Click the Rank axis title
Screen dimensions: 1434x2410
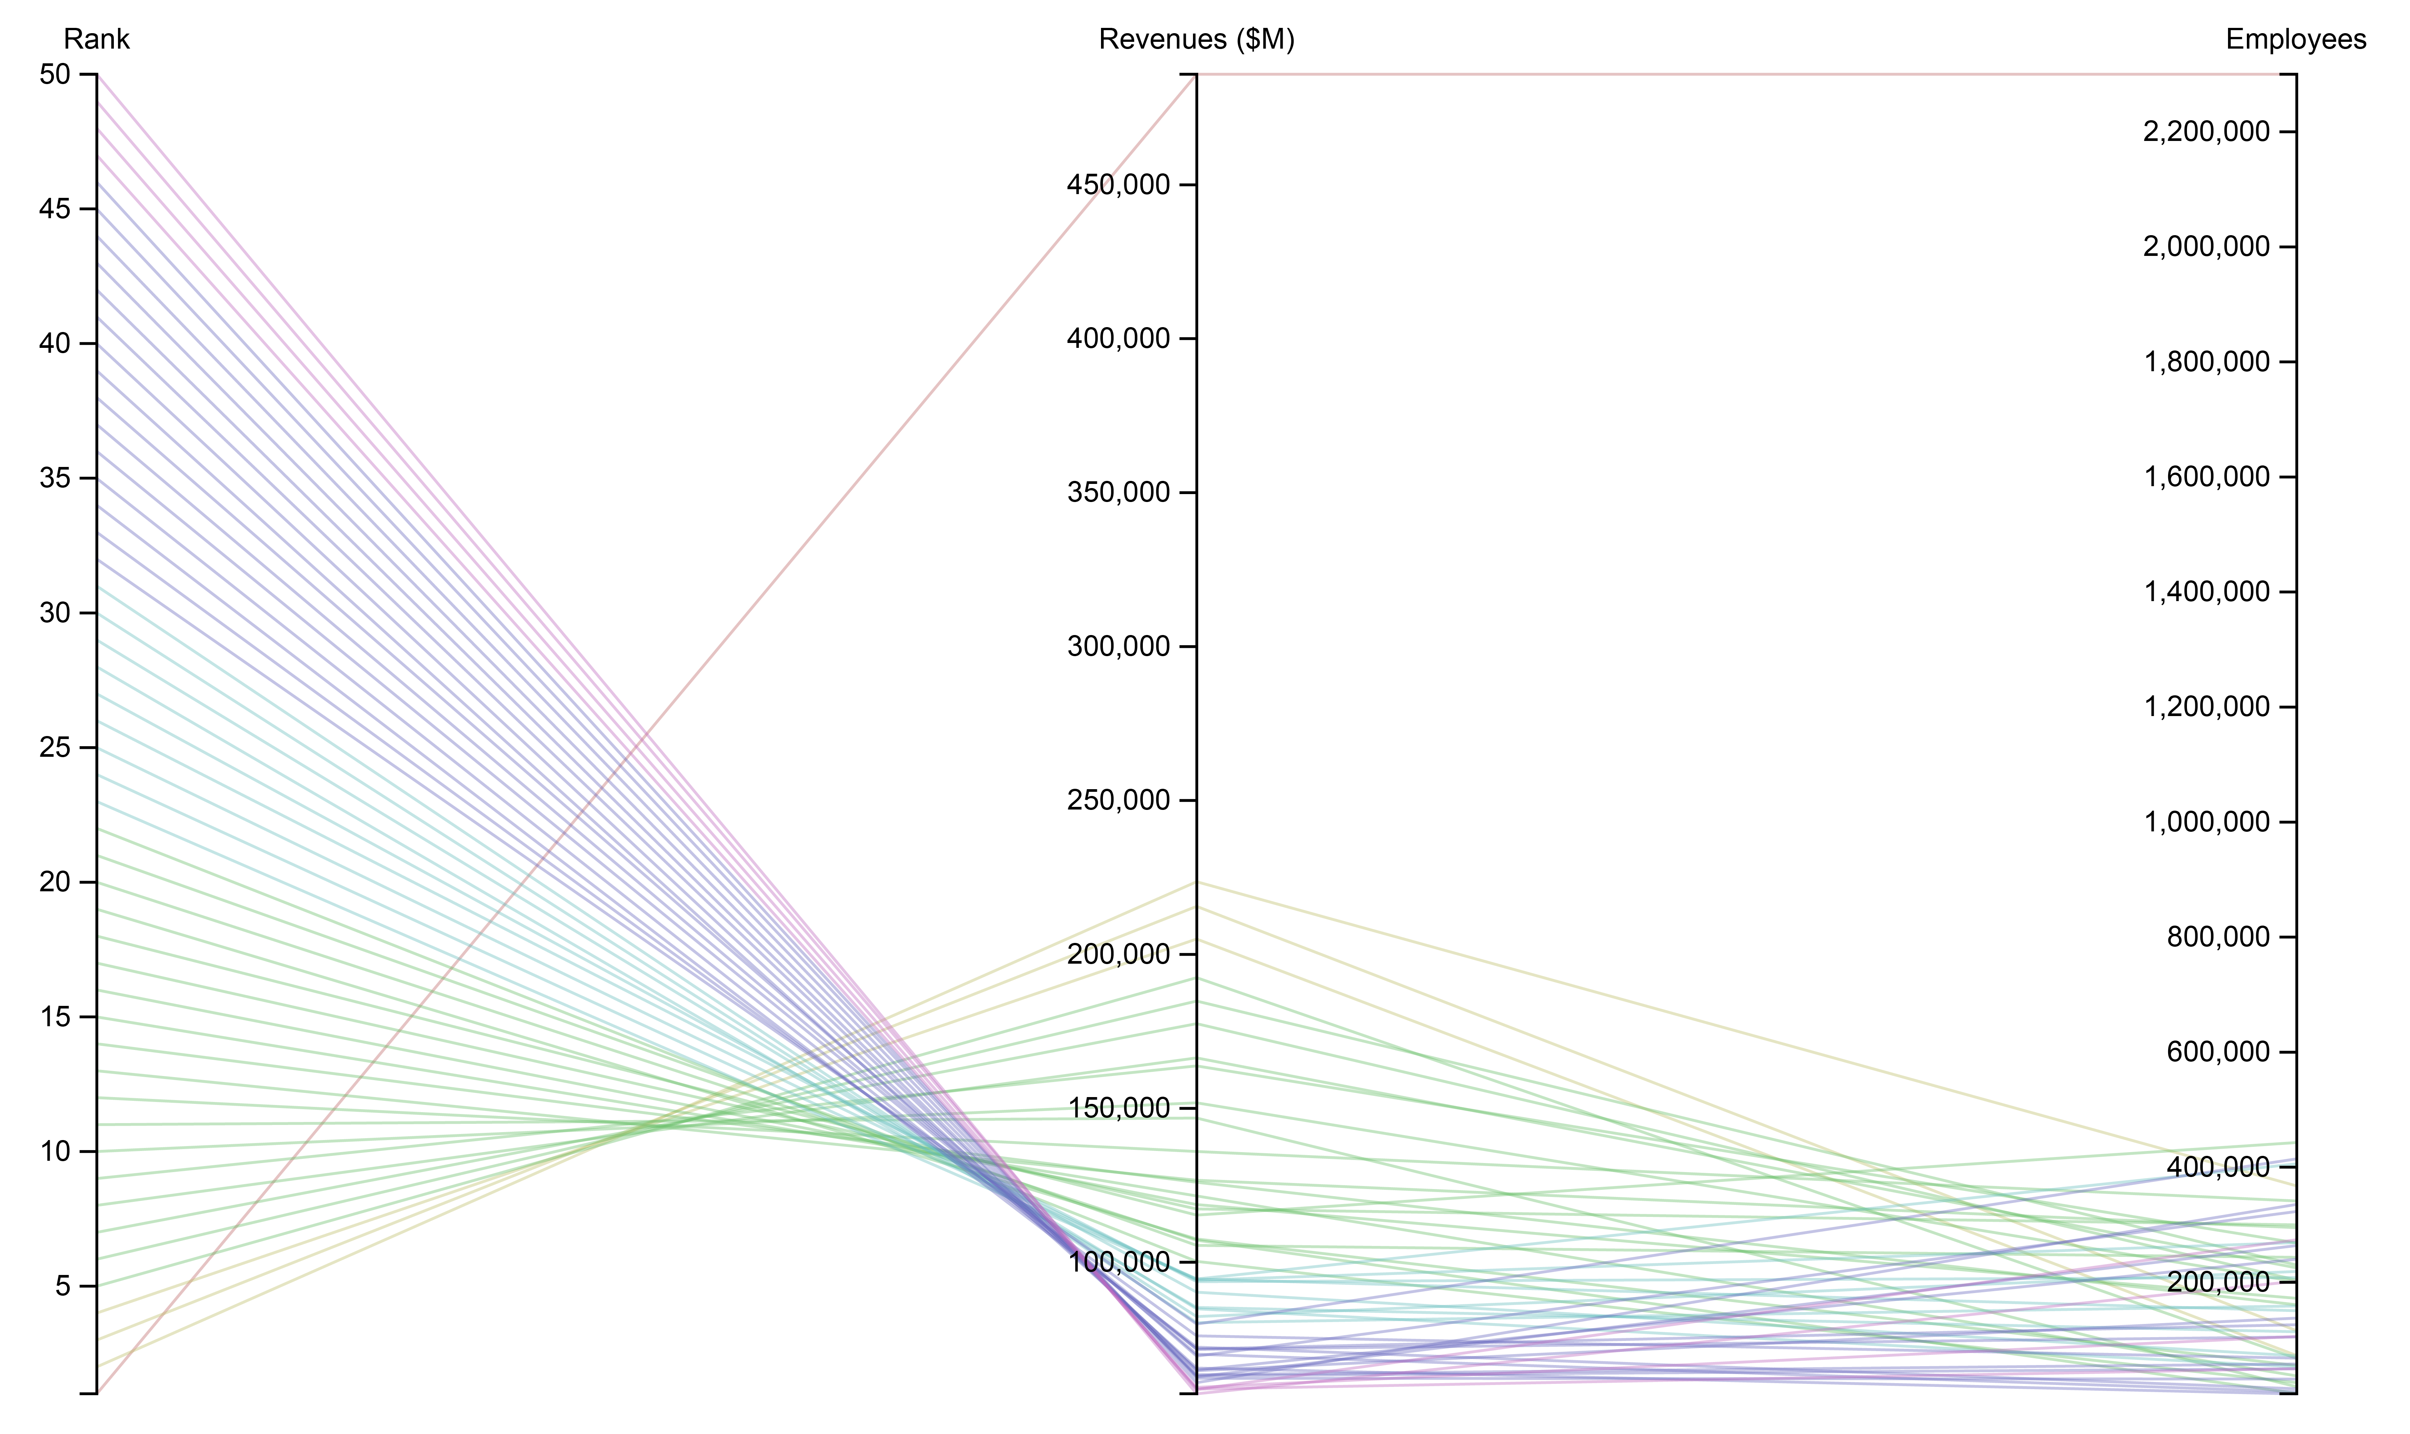pos(96,40)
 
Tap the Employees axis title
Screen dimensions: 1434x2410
pos(2295,40)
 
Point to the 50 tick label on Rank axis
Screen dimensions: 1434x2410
pos(55,74)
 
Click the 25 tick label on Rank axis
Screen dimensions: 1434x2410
pos(55,748)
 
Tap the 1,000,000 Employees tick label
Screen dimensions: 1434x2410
pos(2206,822)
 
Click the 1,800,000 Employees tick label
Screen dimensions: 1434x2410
pos(2206,363)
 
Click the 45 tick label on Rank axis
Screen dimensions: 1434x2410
pos(55,210)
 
